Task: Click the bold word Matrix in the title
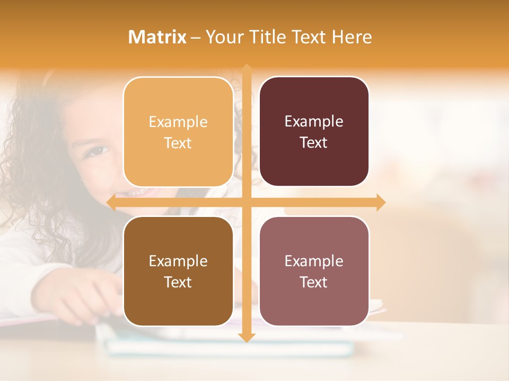click(157, 37)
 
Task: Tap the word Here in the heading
click(352, 37)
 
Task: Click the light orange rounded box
click(178, 132)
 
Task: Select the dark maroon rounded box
click(314, 132)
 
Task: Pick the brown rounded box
click(178, 271)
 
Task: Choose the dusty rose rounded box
click(314, 271)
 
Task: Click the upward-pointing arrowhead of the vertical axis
click(247, 69)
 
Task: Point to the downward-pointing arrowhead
click(247, 337)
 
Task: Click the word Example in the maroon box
click(314, 122)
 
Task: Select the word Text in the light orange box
click(178, 143)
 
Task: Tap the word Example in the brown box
click(178, 261)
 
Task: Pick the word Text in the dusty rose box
click(314, 283)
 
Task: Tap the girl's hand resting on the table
click(80, 299)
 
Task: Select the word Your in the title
click(225, 37)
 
